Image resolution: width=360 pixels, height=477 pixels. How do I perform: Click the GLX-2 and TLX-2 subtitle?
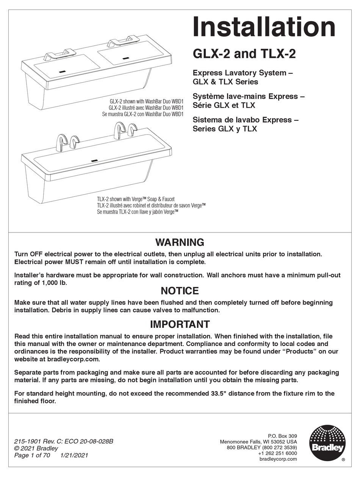click(244, 54)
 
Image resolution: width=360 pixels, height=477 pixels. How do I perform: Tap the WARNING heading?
click(180, 242)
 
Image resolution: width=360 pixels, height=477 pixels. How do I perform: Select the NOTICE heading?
click(180, 291)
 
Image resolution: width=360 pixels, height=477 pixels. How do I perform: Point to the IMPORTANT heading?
click(180, 324)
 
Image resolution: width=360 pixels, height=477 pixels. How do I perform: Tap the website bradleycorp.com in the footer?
click(278, 459)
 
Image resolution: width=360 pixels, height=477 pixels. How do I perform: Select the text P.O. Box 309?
click(282, 436)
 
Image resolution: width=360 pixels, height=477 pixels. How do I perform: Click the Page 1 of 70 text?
click(32, 455)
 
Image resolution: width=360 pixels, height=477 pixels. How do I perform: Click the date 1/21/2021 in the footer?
click(74, 455)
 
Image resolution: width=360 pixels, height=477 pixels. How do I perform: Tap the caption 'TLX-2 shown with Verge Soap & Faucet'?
click(136, 199)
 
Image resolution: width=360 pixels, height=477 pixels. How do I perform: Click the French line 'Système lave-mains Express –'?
click(249, 97)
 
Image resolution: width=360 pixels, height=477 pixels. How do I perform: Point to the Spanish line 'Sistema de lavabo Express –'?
click(246, 120)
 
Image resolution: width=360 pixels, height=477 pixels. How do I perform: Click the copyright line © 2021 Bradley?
click(36, 448)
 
